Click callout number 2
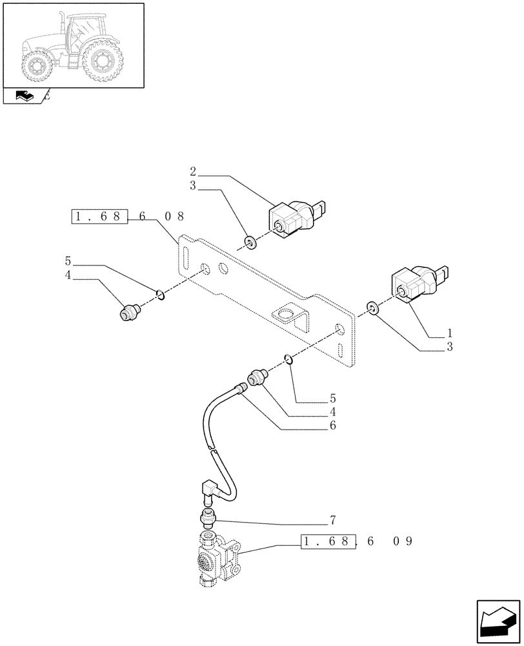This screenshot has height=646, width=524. point(193,172)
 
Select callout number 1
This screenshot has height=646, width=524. point(449,333)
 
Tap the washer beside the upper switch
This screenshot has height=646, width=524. point(250,244)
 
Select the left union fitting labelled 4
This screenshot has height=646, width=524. point(128,313)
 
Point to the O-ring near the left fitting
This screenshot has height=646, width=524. point(161,295)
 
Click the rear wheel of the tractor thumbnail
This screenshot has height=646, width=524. point(101,62)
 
